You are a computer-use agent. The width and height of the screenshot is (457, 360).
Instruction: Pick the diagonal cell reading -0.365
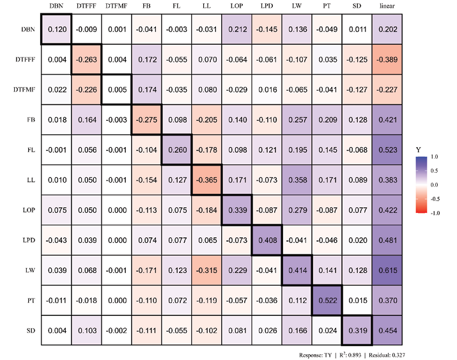[206, 180]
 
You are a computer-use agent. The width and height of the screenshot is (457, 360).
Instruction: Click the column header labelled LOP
[236, 6]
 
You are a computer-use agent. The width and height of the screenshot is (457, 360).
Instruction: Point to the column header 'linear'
[387, 6]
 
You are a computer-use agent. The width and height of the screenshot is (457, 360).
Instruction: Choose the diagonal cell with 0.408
[267, 241]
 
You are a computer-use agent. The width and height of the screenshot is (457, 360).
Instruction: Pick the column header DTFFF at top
[86, 6]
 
